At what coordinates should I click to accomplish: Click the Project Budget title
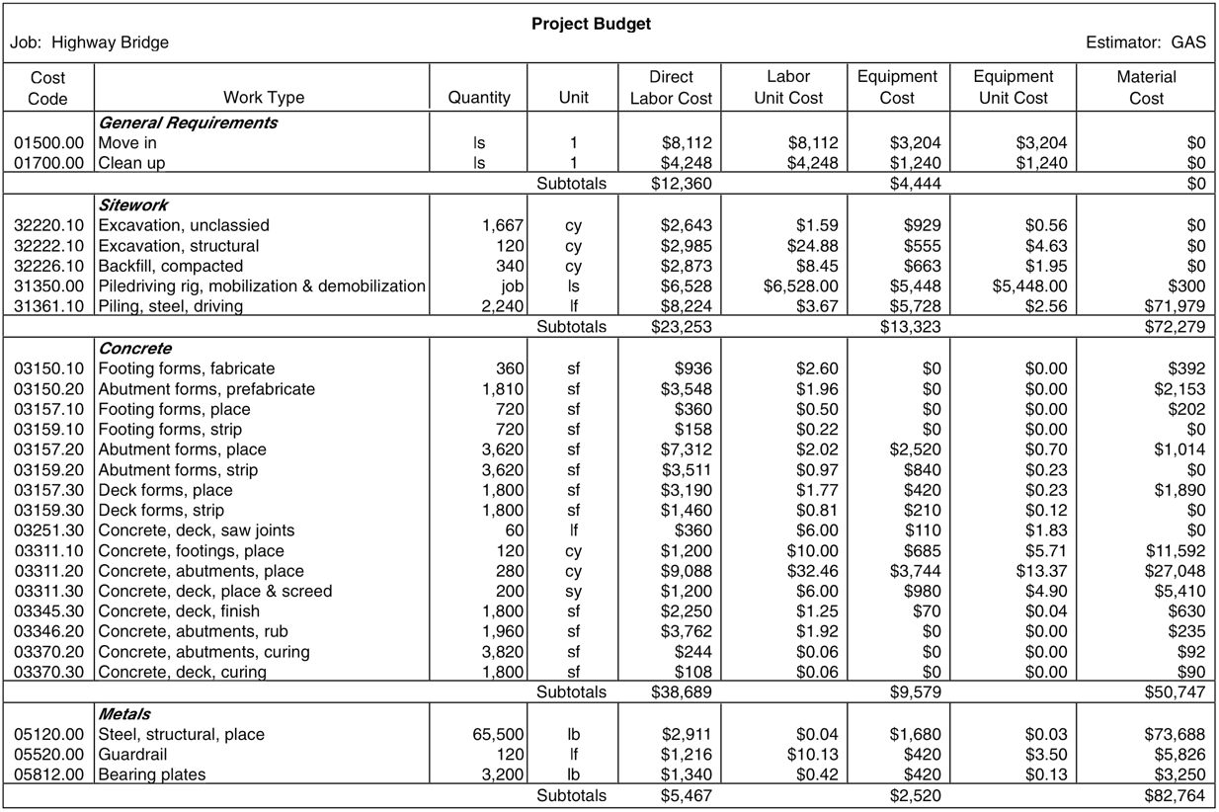click(x=591, y=24)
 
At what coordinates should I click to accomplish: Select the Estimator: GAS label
click(x=1145, y=42)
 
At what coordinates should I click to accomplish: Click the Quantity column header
click(x=479, y=98)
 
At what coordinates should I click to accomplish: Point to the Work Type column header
click(x=264, y=98)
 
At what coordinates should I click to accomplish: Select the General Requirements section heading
click(x=188, y=122)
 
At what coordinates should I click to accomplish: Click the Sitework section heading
click(x=133, y=205)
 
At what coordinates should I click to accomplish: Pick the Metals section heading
click(x=124, y=713)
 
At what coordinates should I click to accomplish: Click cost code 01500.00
click(x=48, y=143)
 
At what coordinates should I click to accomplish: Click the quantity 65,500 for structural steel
click(x=498, y=735)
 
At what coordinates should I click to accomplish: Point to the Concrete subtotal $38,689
click(x=681, y=692)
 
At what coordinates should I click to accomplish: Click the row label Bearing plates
click(x=152, y=774)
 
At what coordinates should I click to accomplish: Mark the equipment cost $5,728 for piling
click(x=915, y=306)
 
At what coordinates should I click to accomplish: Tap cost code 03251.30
click(x=48, y=530)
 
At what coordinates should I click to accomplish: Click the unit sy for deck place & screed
click(x=573, y=592)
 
